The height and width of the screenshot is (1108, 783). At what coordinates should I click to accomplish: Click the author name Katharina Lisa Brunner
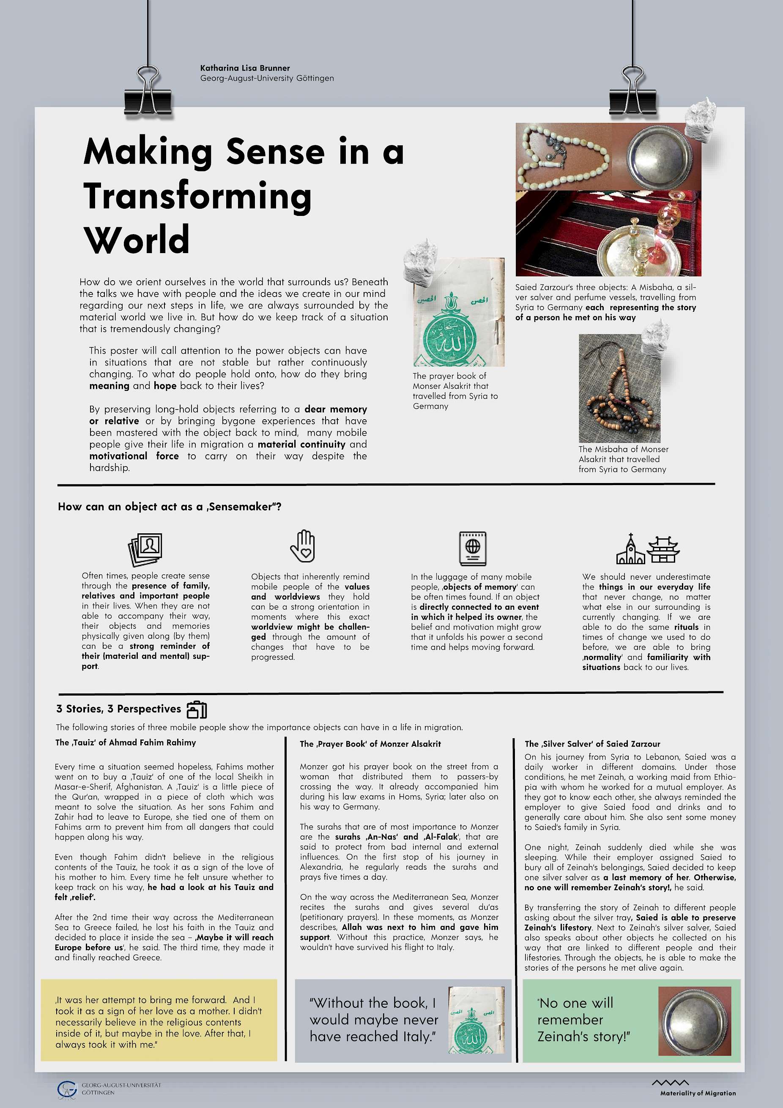coord(245,68)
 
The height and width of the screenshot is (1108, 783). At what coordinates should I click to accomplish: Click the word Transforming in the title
coord(197,196)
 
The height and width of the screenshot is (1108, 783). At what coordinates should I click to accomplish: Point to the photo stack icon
coord(145,549)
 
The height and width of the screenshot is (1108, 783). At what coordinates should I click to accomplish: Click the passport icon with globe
coord(473,548)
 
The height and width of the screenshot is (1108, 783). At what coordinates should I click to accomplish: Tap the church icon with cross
coord(630,550)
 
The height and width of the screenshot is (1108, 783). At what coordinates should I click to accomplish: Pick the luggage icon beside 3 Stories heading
coord(197,710)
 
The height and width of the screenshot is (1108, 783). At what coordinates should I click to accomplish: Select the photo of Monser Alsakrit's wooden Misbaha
coord(619,388)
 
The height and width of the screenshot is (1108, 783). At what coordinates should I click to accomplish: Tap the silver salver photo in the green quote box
coord(695,1021)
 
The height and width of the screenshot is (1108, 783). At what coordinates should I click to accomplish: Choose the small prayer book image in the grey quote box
coord(476,1020)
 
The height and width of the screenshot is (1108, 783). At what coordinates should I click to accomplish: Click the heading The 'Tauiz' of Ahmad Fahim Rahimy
coord(126,743)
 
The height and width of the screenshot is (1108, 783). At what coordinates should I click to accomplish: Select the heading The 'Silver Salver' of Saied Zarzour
coord(592,744)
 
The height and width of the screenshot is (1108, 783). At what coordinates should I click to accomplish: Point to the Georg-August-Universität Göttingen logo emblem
coord(67,1089)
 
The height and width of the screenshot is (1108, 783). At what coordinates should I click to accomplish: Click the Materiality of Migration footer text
coord(698,1093)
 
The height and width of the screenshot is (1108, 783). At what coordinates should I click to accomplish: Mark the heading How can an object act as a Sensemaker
coord(170,507)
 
